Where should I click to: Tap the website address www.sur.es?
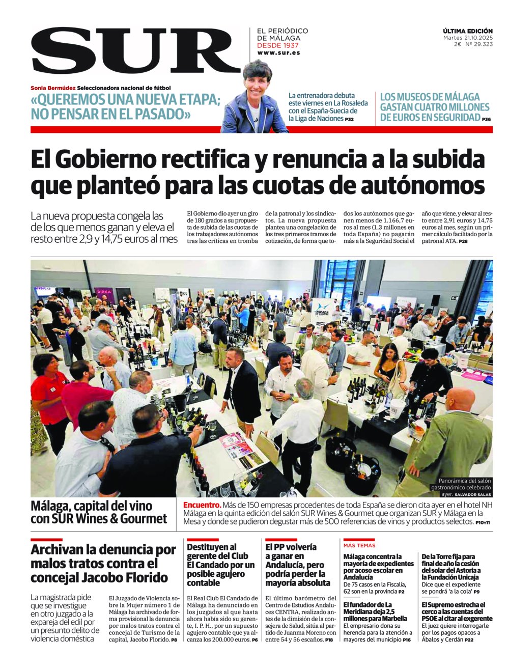[x=278, y=53]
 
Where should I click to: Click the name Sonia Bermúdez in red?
[x=53, y=88]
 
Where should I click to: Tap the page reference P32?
[x=349, y=119]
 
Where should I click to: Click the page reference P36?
[x=486, y=119]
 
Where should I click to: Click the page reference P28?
[x=463, y=241]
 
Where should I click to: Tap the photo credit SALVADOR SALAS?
[x=473, y=494]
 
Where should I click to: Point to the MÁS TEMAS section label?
[x=359, y=545]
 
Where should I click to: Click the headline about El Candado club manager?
[x=221, y=565]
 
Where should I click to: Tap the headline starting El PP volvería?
[x=298, y=565]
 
